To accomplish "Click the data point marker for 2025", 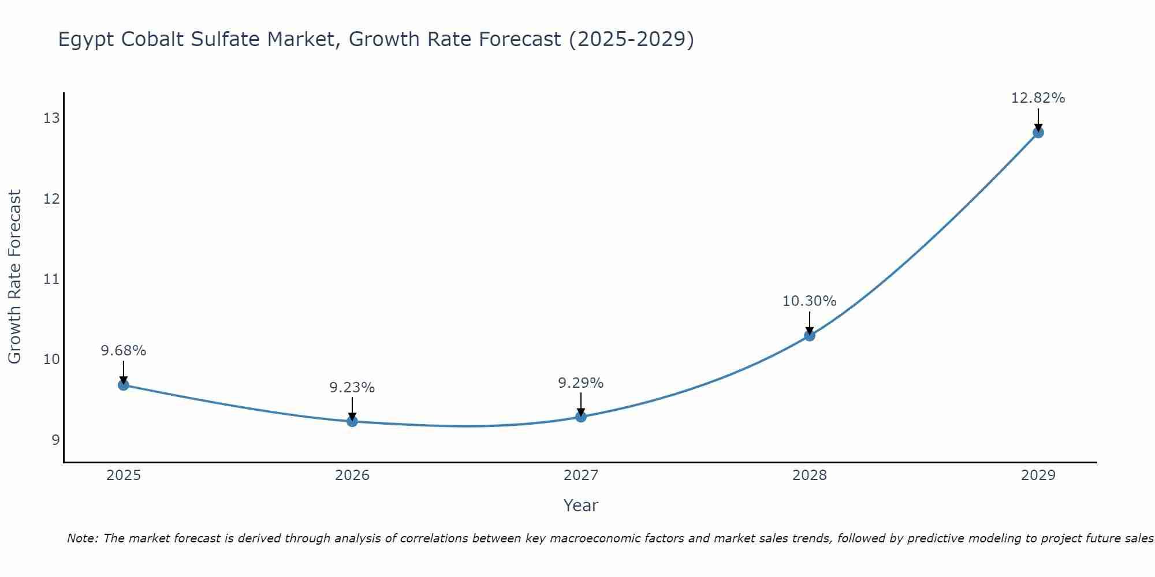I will tap(124, 385).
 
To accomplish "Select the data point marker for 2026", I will tap(352, 421).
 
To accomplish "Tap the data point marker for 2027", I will tap(581, 417).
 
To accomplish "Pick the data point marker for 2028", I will tap(810, 335).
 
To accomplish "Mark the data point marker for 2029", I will tap(1038, 133).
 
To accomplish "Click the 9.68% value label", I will tap(124, 351).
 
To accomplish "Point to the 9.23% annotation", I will tap(352, 388).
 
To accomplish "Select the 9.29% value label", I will tap(581, 383).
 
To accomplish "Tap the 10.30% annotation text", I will tap(810, 301).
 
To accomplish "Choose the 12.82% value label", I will tap(1038, 98).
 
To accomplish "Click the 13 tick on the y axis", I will tap(51, 118).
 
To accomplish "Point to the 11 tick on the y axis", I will tap(51, 279).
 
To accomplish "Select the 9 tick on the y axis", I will tap(55, 440).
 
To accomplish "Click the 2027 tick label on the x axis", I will tap(581, 475).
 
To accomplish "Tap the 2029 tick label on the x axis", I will tap(1038, 475).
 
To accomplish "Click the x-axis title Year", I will tap(581, 505).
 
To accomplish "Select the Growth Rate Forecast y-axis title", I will tap(15, 277).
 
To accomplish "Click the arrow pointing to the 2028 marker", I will tap(810, 323).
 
